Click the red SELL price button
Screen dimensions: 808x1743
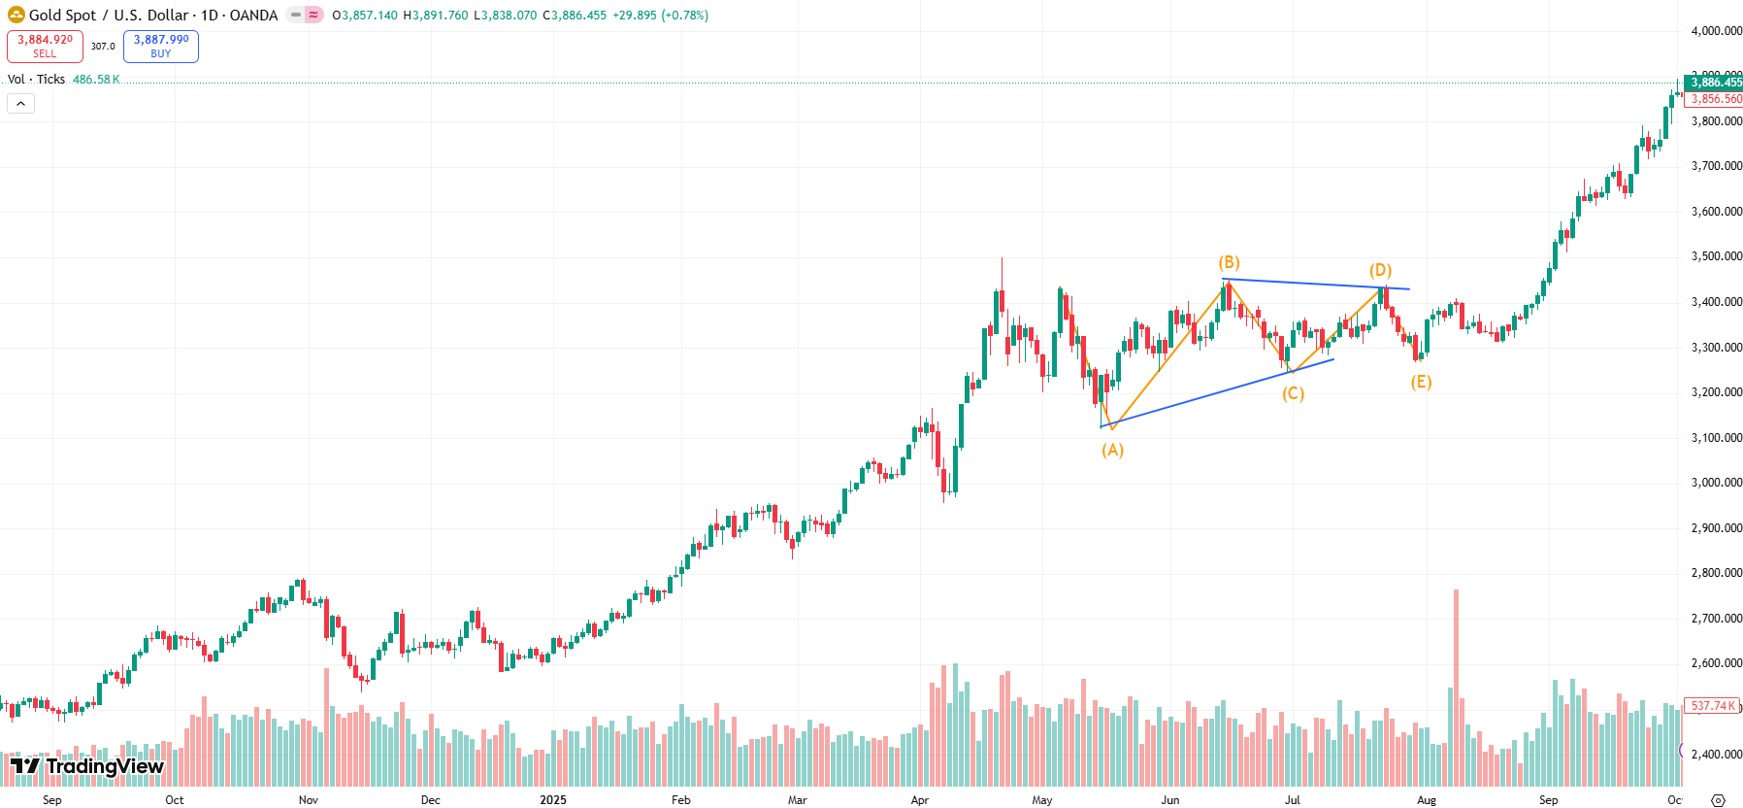click(45, 46)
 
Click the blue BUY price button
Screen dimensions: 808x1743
click(161, 46)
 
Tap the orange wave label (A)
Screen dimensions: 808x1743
click(1112, 450)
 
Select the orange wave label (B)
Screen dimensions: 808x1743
click(1229, 262)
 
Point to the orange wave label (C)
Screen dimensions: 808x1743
click(1293, 393)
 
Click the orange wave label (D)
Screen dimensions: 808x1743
click(1380, 270)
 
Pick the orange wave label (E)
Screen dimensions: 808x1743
click(1421, 382)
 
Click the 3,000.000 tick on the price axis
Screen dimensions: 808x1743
click(1716, 483)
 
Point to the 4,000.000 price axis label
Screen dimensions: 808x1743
click(1716, 31)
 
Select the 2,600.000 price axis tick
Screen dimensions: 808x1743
click(1716, 663)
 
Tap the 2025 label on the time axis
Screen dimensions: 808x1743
click(553, 800)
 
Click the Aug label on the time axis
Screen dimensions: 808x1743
click(1427, 800)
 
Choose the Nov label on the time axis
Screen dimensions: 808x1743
click(309, 800)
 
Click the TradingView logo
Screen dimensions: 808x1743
click(87, 766)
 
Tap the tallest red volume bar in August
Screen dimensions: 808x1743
click(1456, 680)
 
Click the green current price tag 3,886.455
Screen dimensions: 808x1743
click(1714, 83)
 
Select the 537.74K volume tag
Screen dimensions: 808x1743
click(1712, 706)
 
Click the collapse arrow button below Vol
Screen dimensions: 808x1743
click(20, 103)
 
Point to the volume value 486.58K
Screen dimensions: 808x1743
click(96, 80)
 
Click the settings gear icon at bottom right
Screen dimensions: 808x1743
click(1718, 800)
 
